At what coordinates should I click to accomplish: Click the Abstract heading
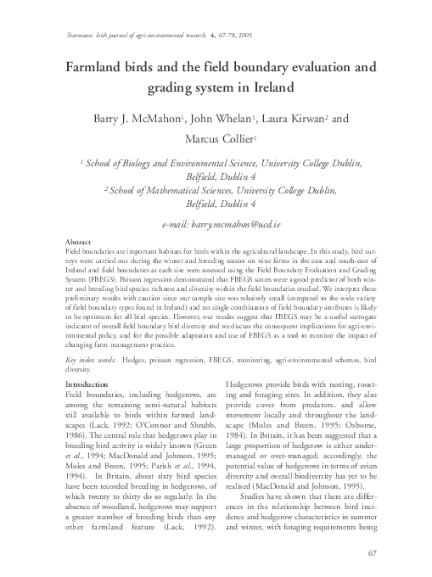[x=78, y=242]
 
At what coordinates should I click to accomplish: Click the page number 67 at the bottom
[x=371, y=553]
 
